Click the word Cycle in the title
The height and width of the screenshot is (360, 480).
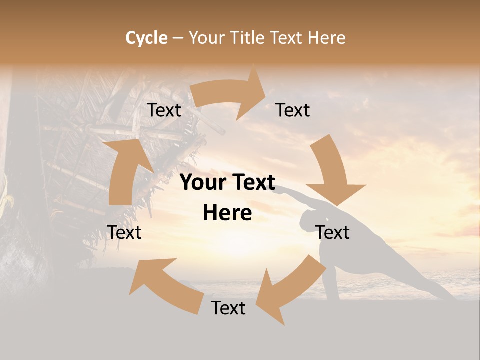coord(146,38)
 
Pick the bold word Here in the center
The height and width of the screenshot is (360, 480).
coord(227,213)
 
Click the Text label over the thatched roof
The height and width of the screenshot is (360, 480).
coord(164,110)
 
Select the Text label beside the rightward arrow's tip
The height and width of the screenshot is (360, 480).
coord(293,110)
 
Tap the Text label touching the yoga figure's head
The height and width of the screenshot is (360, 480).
coord(332,232)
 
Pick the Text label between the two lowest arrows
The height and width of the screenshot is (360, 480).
coord(228,308)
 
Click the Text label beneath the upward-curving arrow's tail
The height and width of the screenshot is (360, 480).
coord(124,232)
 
